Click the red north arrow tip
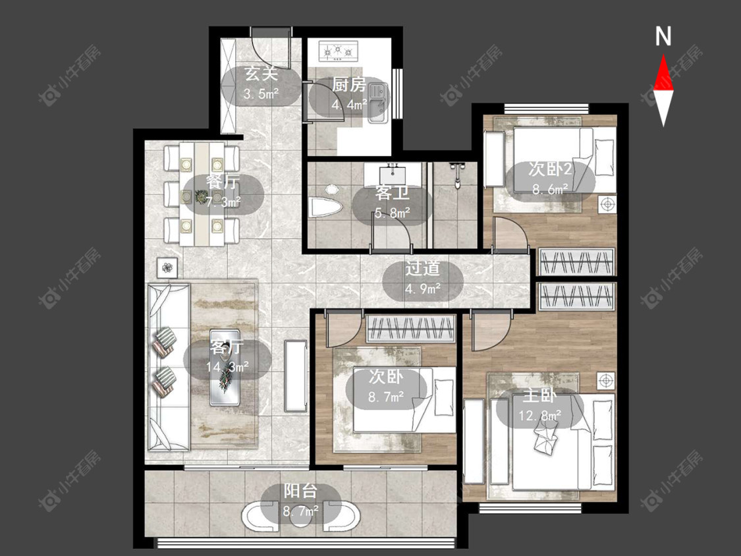click(663, 55)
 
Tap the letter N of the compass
click(663, 36)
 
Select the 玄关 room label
click(261, 74)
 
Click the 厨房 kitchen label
click(349, 84)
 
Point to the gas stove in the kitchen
click(339, 51)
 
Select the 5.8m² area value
click(393, 213)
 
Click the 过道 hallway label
click(422, 269)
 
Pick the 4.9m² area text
click(423, 288)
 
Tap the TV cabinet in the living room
click(296, 376)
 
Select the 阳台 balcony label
click(300, 491)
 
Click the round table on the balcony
click(300, 515)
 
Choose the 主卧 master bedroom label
click(539, 396)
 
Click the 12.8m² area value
click(540, 416)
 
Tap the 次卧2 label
click(550, 169)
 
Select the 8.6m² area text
click(550, 189)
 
